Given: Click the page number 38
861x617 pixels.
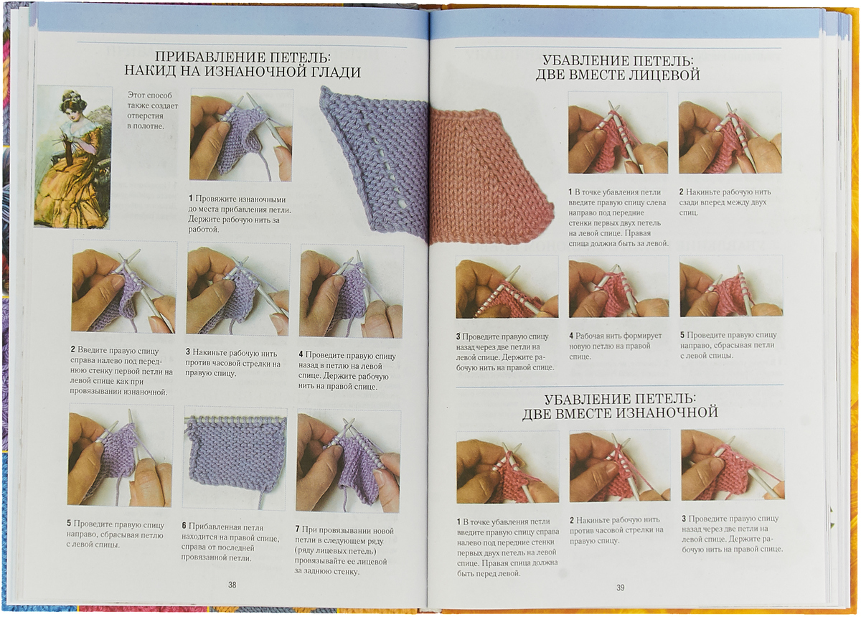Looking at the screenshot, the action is point(232,585).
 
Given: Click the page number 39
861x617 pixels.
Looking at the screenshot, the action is point(621,588).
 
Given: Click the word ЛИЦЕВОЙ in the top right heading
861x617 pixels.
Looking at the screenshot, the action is point(666,75).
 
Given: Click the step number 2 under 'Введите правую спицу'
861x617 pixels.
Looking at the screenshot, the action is point(72,350).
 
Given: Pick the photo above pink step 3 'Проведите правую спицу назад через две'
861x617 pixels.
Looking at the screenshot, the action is point(507,287).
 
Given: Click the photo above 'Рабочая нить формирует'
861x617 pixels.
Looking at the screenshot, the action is point(618,286).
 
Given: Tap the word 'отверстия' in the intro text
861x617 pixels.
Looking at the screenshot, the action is point(145,116).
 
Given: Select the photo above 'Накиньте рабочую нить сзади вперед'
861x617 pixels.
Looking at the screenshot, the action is point(730,133).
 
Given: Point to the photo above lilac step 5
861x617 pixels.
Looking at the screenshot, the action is point(121,455).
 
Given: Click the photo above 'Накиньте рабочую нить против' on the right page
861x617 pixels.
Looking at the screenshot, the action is point(620,466).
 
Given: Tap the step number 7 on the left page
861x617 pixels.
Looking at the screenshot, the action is point(298,530).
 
